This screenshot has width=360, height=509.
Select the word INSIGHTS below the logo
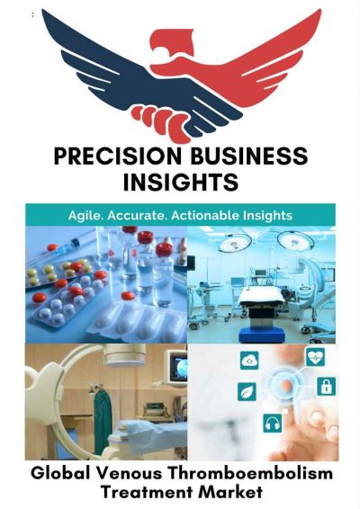click(x=179, y=183)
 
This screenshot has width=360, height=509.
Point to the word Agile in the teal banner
click(x=89, y=216)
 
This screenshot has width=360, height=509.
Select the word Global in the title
click(x=56, y=471)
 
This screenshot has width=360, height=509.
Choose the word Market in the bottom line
click(x=232, y=492)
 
